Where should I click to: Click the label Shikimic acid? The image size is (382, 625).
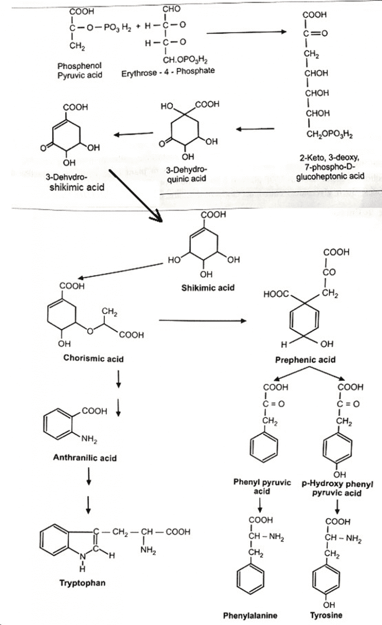[208, 288]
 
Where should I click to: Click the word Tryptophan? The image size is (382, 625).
[82, 583]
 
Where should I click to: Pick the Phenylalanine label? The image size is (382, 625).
[250, 615]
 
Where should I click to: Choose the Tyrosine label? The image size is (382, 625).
[326, 615]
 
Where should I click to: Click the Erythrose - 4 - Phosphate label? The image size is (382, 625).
[168, 71]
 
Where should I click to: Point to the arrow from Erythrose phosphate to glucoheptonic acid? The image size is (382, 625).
[247, 32]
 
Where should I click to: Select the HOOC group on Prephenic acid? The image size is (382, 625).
[277, 295]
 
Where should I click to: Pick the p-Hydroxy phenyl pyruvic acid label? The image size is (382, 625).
[338, 488]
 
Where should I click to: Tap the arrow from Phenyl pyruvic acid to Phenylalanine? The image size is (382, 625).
[260, 505]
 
